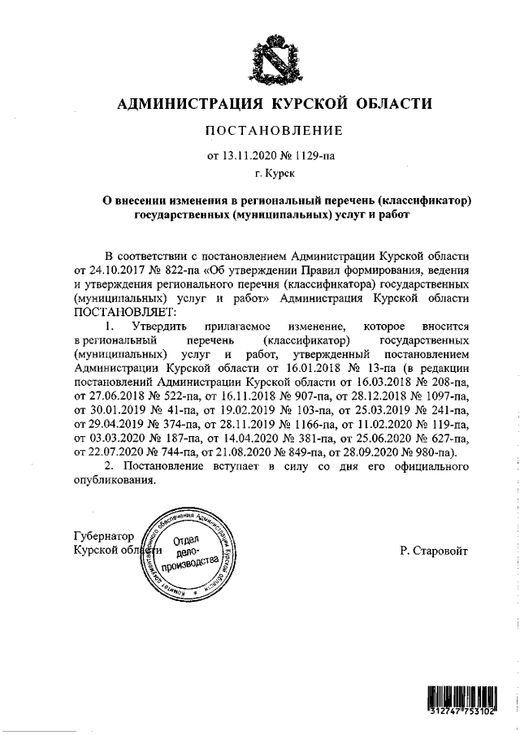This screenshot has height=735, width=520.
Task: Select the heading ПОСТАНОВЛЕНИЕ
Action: pos(273,130)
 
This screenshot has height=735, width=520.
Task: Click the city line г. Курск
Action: pos(273,173)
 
